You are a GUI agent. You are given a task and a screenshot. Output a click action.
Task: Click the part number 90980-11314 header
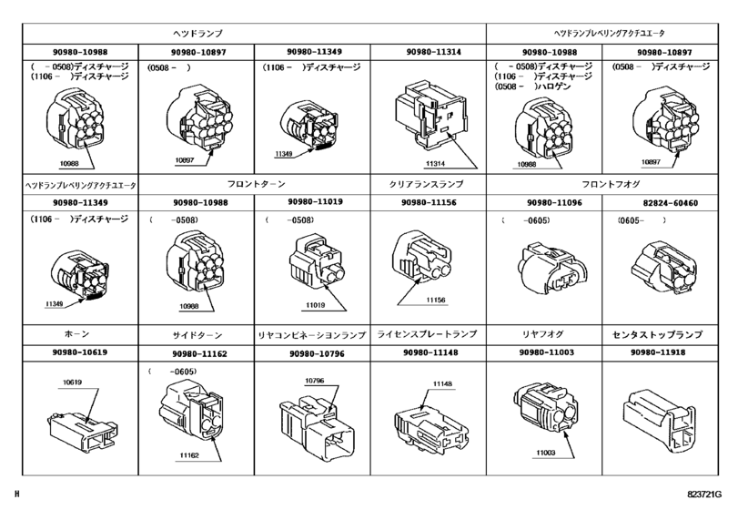tap(432, 52)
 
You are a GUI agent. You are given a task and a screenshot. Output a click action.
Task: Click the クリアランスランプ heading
tap(432, 184)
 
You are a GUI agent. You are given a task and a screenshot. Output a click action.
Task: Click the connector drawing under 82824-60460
tap(662, 264)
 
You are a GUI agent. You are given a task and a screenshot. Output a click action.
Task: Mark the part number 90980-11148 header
tap(432, 352)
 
